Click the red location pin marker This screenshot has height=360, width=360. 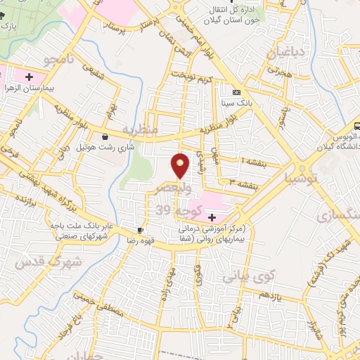pos(181,166)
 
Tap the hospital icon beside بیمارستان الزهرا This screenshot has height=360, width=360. pos(29,76)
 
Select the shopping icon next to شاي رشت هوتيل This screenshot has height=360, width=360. pos(105,136)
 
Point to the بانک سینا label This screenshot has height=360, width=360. pos(237,103)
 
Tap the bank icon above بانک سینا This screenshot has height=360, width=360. pos(236,92)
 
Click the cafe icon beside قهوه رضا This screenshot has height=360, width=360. pos(141,230)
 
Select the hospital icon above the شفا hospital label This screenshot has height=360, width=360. pos(212,217)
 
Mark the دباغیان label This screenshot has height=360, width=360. pos(284,51)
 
